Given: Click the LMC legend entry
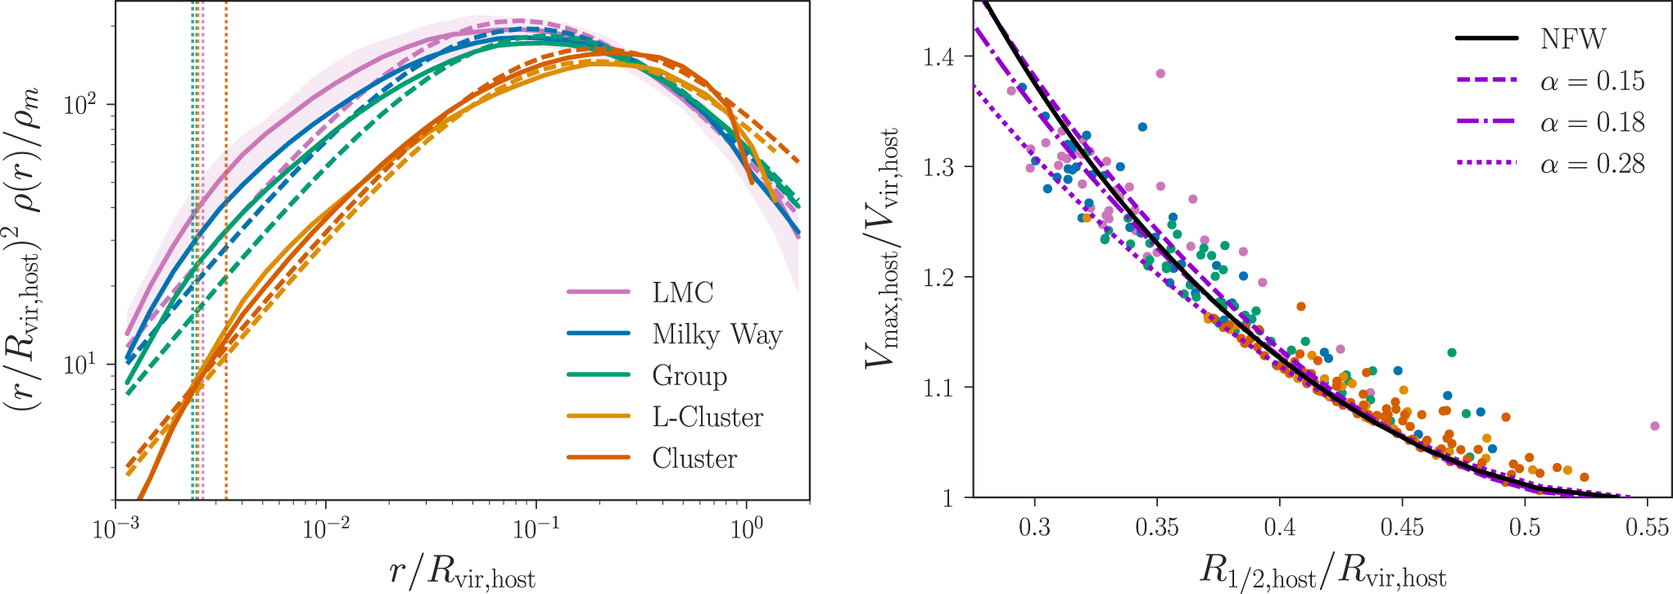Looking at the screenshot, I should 682,292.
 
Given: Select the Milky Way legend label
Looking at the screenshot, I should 717,334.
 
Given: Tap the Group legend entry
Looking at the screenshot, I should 689,376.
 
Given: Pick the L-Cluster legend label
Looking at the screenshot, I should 708,418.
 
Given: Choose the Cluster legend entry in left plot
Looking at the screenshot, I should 694,459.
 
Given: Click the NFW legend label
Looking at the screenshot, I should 1573,39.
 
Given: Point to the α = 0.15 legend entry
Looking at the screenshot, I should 1592,81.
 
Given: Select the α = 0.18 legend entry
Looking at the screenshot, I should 1592,123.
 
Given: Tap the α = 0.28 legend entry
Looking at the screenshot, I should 1592,165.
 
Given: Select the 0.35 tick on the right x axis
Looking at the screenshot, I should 1156,526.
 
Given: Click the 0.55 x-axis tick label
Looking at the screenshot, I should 1647,526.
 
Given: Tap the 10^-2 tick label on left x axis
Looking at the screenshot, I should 326,530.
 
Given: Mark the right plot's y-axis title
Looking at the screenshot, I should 883,247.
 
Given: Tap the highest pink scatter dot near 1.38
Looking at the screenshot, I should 1160,74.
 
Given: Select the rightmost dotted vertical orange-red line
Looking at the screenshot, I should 226,246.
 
